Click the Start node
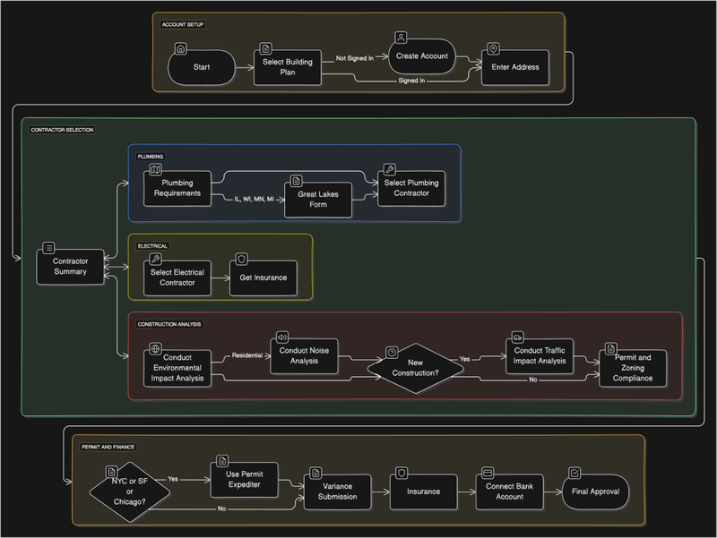(201, 67)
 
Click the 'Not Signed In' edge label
(354, 57)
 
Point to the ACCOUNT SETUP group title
(182, 24)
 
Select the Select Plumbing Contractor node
(411, 188)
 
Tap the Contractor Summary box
(70, 266)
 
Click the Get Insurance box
(263, 278)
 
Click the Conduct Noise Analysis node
(305, 355)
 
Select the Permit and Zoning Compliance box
(634, 368)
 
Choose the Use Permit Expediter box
(244, 479)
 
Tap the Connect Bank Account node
(509, 491)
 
